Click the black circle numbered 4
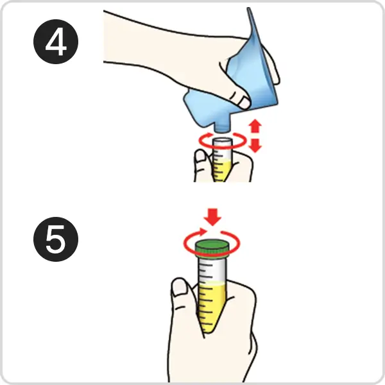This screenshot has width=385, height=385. tap(56, 42)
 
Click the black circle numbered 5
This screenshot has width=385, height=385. tap(56, 239)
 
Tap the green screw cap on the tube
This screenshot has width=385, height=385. tap(212, 248)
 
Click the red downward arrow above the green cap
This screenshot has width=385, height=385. tap(212, 217)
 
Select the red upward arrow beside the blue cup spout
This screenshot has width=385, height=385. tap(255, 126)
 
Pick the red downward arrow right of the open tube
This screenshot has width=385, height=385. tap(255, 145)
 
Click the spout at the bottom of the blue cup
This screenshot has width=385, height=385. tap(222, 128)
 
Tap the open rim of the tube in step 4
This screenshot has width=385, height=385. tap(222, 141)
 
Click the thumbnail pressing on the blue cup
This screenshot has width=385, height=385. tap(244, 103)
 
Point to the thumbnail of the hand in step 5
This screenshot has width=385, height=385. tap(179, 287)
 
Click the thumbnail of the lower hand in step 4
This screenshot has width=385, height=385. tap(200, 156)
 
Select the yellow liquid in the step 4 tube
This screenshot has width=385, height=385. tap(221, 171)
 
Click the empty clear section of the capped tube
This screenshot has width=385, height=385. tap(211, 269)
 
